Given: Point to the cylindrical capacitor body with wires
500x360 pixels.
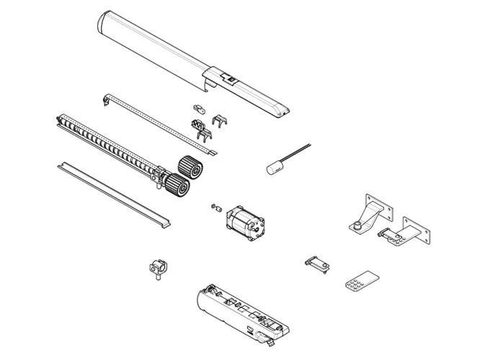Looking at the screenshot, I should pyautogui.click(x=274, y=167).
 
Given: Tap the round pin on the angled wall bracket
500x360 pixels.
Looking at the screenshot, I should pyautogui.click(x=356, y=228).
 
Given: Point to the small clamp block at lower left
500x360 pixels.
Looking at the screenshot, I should pyautogui.click(x=158, y=268).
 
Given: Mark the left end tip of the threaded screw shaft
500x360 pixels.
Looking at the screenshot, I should pyautogui.click(x=57, y=117).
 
